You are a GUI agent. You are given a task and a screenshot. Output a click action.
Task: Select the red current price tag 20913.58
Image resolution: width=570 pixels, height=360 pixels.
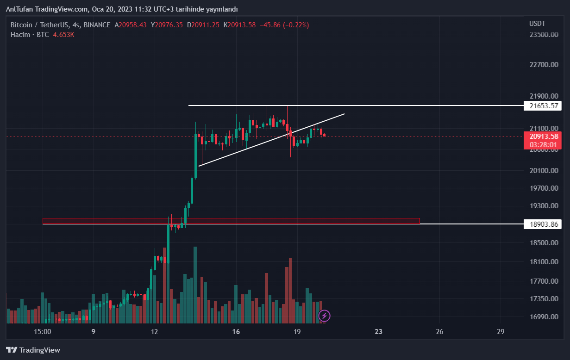pos(542,137)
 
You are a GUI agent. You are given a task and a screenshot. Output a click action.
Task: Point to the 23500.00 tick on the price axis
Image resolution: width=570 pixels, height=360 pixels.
pos(543,35)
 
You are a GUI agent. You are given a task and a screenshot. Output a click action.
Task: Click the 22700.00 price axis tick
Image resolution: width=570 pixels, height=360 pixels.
pos(543,65)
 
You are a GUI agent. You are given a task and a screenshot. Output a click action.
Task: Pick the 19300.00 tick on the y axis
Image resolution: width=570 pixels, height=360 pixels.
pos(543,206)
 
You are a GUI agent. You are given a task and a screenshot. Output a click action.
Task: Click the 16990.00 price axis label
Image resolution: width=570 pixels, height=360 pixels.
pos(543,317)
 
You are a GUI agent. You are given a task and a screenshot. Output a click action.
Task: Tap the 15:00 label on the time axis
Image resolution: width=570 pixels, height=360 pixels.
pos(42,332)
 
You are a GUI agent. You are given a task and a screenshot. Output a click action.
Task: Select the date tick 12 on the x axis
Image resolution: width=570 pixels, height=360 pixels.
pos(155,332)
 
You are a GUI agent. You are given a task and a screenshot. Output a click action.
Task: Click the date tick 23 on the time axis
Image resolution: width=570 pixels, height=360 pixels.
pos(379,332)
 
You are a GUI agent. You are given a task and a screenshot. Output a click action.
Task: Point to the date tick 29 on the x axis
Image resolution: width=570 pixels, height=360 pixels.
pos(500,332)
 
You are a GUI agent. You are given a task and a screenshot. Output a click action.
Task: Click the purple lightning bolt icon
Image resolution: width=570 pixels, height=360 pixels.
pos(324,316)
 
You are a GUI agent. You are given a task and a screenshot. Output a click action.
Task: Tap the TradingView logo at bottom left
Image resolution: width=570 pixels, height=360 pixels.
pos(33,350)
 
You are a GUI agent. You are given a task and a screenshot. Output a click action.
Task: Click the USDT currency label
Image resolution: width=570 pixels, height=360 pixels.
pos(537,24)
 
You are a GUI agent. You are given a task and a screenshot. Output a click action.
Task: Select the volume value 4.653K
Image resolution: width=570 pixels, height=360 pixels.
pos(63,35)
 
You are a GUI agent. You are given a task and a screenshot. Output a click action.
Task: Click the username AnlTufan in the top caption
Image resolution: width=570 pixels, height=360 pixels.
pos(20,9)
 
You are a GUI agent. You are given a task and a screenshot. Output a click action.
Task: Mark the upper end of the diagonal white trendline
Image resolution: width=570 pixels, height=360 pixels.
pos(344,113)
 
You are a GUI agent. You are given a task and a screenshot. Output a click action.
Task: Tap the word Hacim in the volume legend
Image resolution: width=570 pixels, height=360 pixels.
pos(20,35)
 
